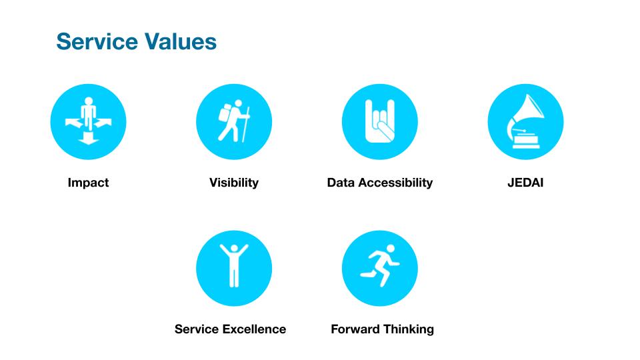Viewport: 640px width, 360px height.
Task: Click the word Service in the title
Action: [97, 41]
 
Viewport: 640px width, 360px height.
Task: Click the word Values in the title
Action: [180, 41]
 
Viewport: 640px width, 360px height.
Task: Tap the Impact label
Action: [88, 183]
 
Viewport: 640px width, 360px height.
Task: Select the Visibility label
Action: [234, 183]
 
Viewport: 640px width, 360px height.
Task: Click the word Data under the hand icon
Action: [341, 183]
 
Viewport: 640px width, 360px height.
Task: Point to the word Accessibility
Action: [395, 183]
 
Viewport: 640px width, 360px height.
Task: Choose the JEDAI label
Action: [525, 183]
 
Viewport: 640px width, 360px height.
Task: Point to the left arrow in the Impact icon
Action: [73, 123]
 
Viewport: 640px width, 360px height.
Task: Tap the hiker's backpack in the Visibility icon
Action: [225, 113]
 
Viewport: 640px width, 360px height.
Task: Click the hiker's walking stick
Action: [246, 125]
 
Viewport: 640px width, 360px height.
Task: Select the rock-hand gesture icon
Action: [380, 121]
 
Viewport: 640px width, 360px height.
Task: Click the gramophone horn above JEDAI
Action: [527, 113]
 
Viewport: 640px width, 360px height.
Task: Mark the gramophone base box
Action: [526, 140]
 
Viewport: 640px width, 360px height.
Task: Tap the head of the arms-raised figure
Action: [234, 249]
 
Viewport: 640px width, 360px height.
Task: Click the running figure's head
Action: [391, 249]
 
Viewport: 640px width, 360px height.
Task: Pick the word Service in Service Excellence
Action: [197, 329]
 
